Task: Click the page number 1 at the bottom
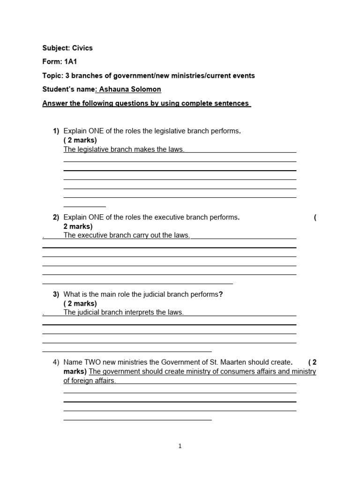[180, 446]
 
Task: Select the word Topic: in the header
[52, 75]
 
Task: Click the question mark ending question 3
[221, 294]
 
